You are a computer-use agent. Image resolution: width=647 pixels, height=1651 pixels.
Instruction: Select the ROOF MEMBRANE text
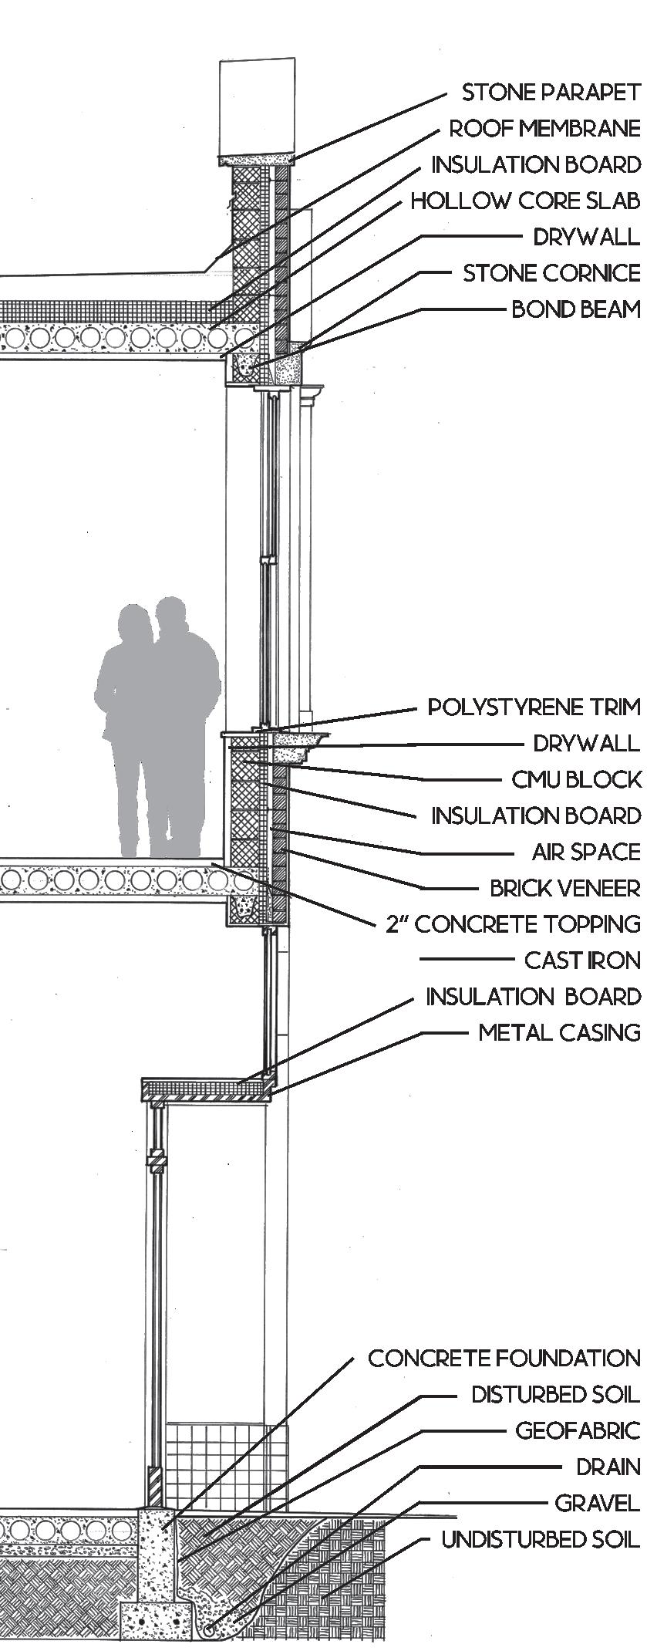click(544, 128)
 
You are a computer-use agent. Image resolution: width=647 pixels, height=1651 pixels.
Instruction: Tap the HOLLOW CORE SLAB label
click(525, 201)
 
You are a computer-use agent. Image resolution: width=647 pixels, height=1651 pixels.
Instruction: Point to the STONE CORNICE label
click(551, 273)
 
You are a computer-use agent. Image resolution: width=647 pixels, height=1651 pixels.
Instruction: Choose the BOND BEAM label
click(576, 309)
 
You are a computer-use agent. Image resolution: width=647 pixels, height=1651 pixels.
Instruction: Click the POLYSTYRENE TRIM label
click(534, 707)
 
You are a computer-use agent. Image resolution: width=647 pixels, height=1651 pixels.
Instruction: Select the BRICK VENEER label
click(565, 888)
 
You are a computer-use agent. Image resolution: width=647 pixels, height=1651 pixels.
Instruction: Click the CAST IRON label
click(582, 961)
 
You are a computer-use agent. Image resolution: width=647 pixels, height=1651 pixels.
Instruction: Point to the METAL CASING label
click(559, 1032)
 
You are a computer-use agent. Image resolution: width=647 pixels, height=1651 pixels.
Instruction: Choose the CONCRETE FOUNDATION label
click(504, 1358)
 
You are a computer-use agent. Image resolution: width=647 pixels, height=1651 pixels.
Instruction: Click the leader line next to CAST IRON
click(466, 960)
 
